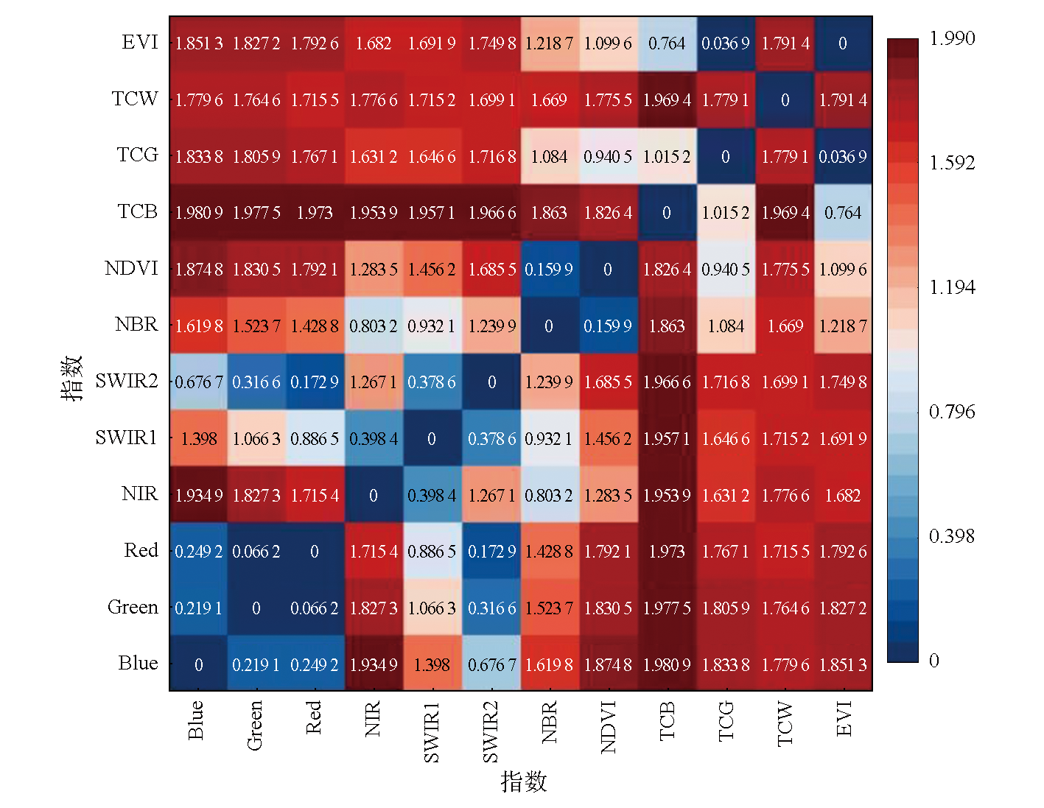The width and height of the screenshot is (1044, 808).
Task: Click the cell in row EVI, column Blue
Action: (x=199, y=43)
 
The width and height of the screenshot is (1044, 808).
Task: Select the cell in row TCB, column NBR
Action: (x=549, y=213)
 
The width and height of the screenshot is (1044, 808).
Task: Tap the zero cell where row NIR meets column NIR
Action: (x=374, y=496)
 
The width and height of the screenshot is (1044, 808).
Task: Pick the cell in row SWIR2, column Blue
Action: (x=199, y=382)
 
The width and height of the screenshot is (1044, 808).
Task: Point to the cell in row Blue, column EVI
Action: (x=843, y=664)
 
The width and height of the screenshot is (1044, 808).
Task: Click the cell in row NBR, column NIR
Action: (x=374, y=326)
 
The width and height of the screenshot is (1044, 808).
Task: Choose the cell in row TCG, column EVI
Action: (x=843, y=157)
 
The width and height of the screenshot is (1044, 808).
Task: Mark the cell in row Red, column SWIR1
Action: (x=432, y=552)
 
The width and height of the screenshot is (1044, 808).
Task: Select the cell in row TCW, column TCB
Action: (x=667, y=100)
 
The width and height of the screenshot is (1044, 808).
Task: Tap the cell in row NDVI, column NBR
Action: (x=549, y=270)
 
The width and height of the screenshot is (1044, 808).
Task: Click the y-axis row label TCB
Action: (x=138, y=212)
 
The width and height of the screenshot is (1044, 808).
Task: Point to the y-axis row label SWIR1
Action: (x=127, y=438)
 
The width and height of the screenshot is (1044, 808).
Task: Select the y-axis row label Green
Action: (x=133, y=608)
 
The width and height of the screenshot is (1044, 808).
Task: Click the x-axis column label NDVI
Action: (x=609, y=728)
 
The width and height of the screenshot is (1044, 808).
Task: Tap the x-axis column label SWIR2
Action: (x=491, y=731)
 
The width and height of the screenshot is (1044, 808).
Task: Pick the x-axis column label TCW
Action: (x=785, y=724)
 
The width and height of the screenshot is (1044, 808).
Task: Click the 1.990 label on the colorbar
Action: (x=952, y=39)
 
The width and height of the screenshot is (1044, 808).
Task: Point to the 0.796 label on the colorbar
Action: (x=952, y=412)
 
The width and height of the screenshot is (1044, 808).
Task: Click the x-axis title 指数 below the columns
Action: (x=524, y=781)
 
